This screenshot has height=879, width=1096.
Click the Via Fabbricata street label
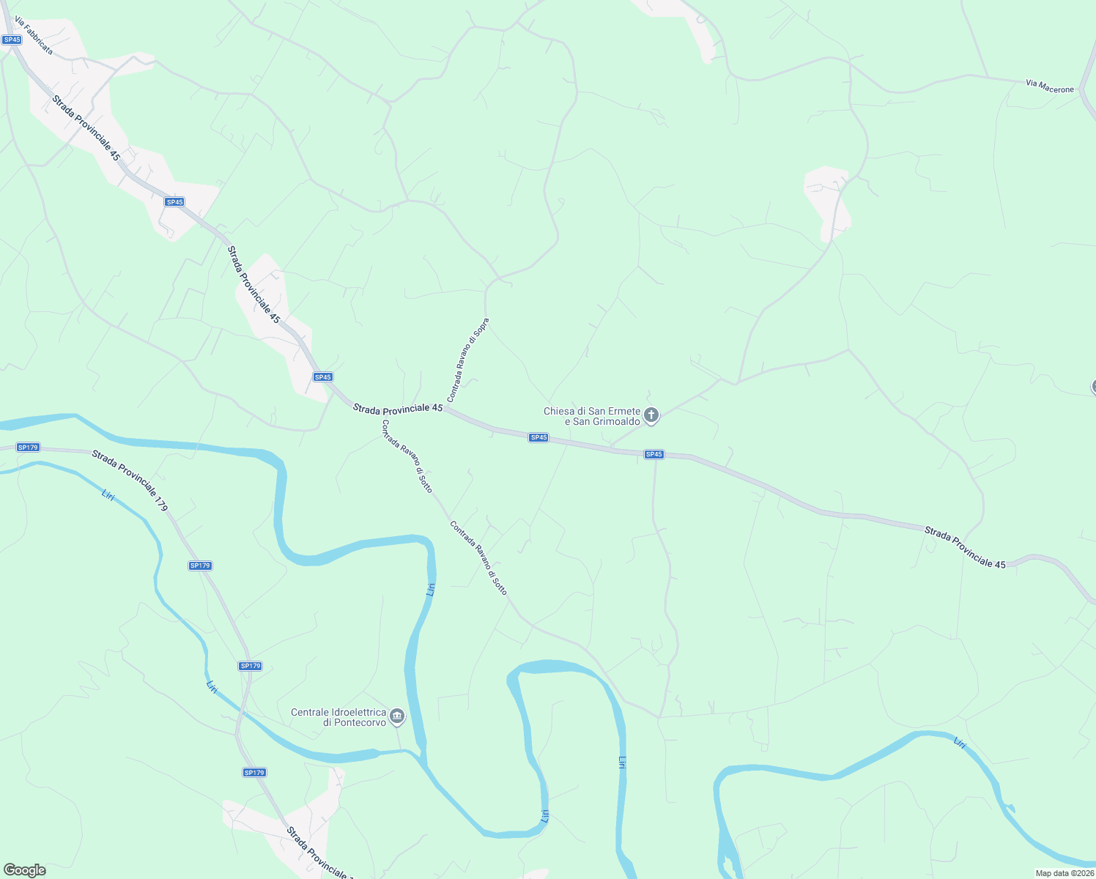(x=34, y=37)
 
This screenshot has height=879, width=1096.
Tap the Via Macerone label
(x=1049, y=86)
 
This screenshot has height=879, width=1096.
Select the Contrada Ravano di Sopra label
(x=467, y=360)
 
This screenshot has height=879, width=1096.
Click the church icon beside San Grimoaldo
(x=651, y=415)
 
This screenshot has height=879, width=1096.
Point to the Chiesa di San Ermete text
(x=591, y=412)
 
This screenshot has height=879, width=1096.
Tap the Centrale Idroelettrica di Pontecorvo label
(x=338, y=717)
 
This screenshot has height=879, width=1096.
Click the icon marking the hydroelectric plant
(x=397, y=716)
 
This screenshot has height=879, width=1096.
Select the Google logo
(x=24, y=870)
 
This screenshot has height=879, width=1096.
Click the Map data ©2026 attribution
(x=1064, y=873)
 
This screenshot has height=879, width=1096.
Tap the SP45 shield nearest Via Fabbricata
(x=12, y=40)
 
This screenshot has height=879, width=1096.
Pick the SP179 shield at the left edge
(x=28, y=447)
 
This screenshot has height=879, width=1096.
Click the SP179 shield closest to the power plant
(x=251, y=666)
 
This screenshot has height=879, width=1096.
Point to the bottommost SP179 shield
(x=254, y=772)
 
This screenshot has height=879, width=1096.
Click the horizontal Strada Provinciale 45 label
(x=398, y=408)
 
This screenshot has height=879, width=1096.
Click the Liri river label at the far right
(x=960, y=743)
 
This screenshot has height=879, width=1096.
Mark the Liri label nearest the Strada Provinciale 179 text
(x=108, y=495)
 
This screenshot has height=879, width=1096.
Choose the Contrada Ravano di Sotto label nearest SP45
(x=407, y=456)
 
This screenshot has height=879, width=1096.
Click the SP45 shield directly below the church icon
(x=653, y=454)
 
